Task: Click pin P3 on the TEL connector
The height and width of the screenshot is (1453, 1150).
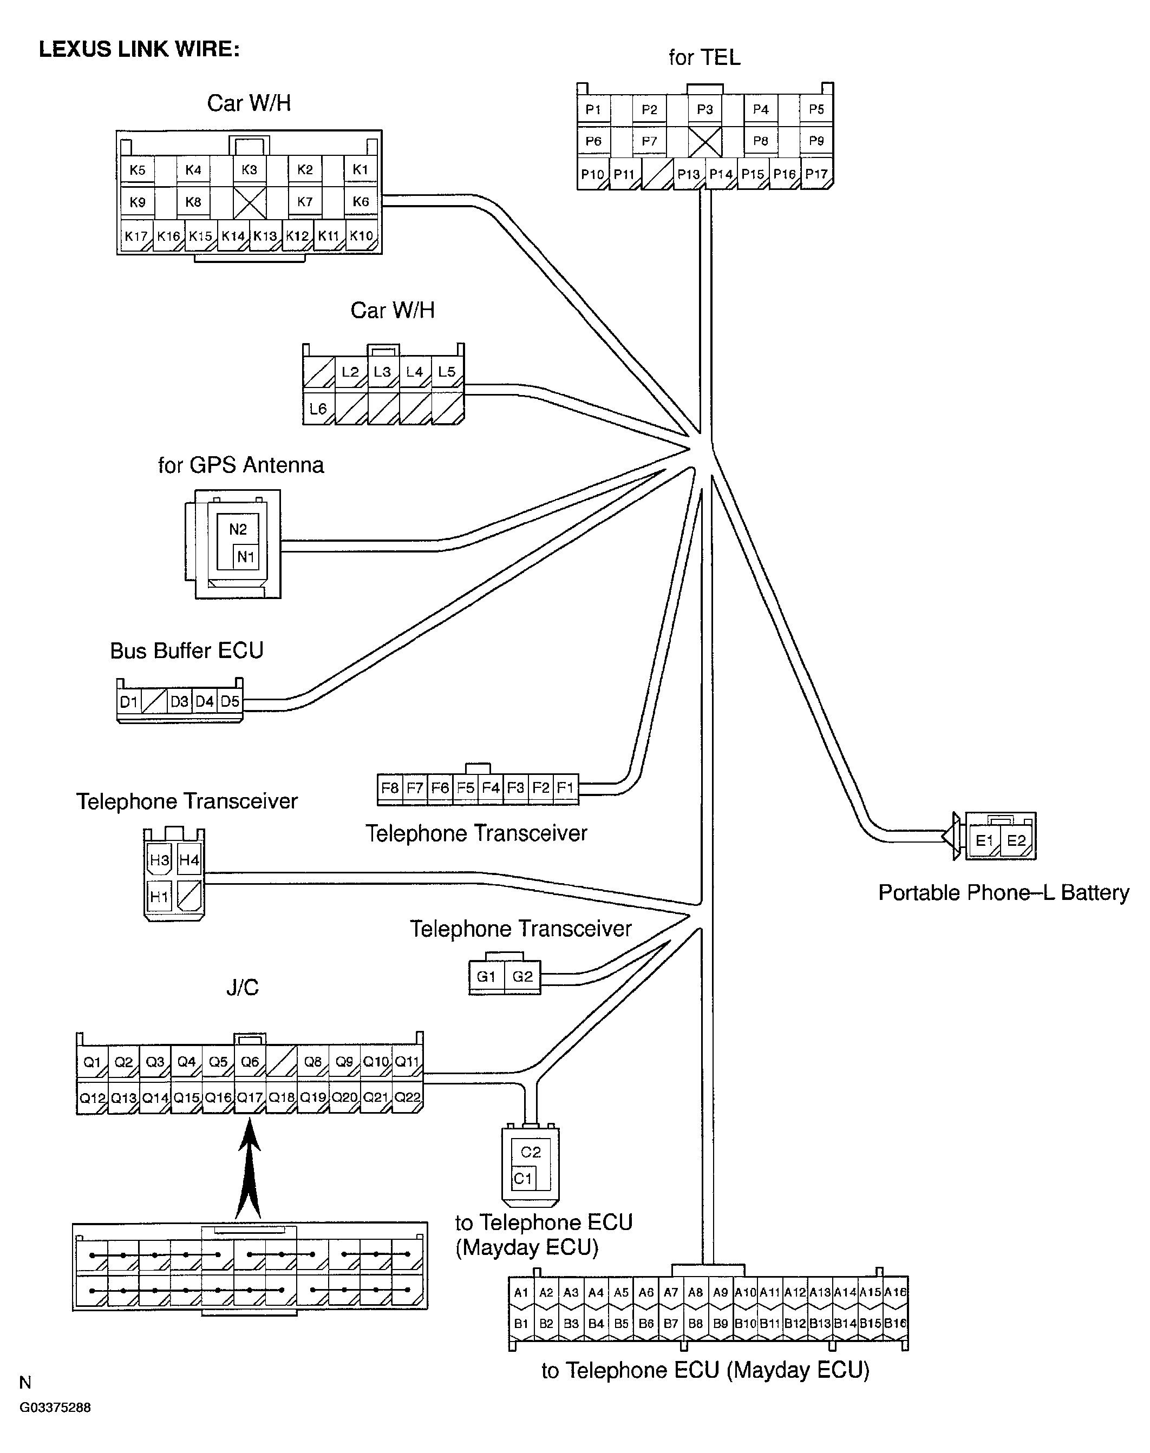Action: pos(705,109)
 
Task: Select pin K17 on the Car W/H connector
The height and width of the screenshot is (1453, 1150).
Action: pos(136,236)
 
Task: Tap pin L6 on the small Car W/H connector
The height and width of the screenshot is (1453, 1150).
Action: pos(318,409)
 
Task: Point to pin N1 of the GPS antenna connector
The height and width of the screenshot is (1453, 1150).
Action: pos(246,556)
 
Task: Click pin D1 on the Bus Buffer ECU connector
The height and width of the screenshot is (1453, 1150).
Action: pos(129,702)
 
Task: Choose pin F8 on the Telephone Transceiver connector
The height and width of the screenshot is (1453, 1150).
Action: pos(390,787)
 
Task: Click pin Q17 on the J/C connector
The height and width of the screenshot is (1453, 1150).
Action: pos(250,1097)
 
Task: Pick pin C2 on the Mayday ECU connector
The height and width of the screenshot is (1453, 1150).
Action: pos(531,1152)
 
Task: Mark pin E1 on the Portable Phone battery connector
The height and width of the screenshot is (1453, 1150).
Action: pos(984,840)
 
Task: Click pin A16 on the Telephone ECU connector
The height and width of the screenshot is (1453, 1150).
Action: pos(896,1292)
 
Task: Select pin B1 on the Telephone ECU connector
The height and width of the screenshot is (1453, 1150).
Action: pos(521,1323)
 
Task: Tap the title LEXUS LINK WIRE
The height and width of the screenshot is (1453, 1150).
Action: pos(139,49)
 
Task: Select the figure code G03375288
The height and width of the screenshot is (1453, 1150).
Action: pos(55,1407)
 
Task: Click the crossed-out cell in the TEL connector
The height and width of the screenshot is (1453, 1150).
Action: pos(705,141)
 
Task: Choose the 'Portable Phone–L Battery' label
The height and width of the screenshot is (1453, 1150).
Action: pos(1004,892)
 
